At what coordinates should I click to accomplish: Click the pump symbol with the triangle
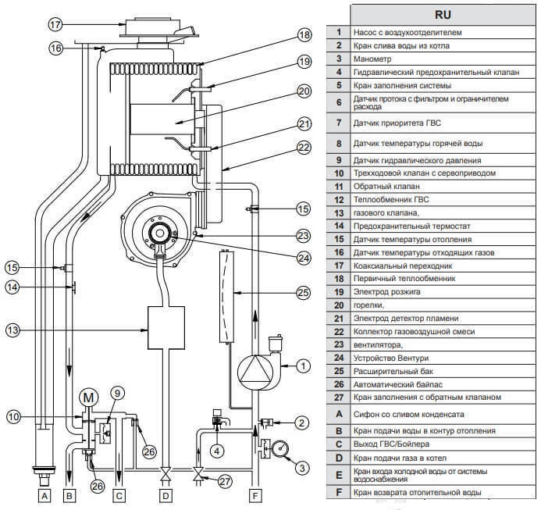[254, 369]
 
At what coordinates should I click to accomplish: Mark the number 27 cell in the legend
[338, 397]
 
